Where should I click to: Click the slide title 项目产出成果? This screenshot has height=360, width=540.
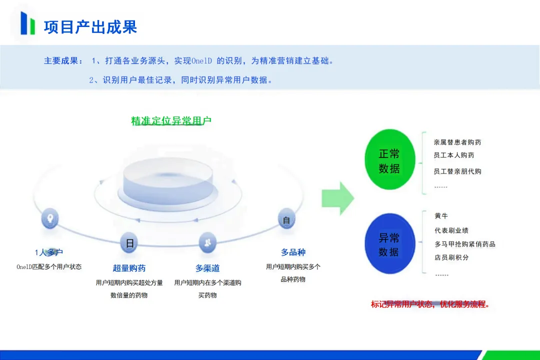tap(90, 26)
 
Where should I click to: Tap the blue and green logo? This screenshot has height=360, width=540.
tap(27, 23)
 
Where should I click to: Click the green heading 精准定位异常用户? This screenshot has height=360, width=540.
tap(171, 121)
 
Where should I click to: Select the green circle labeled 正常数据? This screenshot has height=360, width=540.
tap(389, 160)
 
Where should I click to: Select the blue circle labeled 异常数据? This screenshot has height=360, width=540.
tap(389, 244)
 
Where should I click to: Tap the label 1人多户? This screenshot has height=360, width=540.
tap(49, 252)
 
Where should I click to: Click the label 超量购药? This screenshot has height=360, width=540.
tap(129, 268)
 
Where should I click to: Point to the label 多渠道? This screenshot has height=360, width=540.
tap(207, 268)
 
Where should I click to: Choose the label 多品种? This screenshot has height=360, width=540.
tap(293, 252)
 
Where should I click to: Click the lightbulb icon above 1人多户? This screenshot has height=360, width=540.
tap(49, 219)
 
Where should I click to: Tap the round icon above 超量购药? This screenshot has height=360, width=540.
tap(129, 243)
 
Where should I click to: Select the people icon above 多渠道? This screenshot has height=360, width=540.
tap(207, 242)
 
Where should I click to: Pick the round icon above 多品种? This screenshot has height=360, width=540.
tap(286, 220)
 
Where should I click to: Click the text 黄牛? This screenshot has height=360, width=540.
tap(441, 216)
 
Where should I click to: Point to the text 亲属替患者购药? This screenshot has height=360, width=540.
tap(457, 142)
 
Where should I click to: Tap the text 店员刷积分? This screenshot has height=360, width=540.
tap(452, 257)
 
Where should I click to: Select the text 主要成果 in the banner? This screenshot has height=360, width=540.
tap(62, 61)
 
